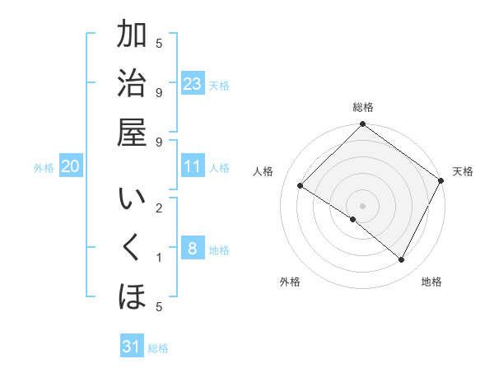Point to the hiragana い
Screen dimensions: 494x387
[132, 201]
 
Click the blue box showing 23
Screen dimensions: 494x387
[193, 84]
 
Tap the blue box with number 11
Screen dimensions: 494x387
[193, 166]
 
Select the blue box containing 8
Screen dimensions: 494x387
[193, 249]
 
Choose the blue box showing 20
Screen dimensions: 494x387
[70, 167]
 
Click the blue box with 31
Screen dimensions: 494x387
[132, 347]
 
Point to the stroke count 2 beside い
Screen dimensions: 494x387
[159, 207]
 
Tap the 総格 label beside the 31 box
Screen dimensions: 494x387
[158, 348]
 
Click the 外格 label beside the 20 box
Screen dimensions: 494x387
[44, 168]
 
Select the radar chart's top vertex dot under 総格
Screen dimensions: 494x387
[362, 125]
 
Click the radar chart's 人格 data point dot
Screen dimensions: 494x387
[301, 186]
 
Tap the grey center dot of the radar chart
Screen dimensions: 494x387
[362, 205]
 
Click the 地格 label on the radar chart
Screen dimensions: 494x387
[431, 282]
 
